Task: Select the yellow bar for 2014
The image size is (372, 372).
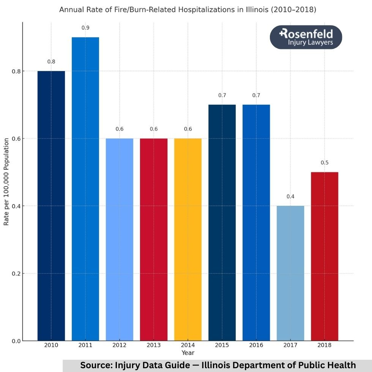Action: point(188,239)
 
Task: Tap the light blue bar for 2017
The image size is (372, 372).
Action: point(290,273)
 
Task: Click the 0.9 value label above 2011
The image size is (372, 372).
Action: point(85,28)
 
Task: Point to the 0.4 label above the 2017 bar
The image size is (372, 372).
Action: point(290,196)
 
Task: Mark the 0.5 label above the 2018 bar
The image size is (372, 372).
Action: point(325,162)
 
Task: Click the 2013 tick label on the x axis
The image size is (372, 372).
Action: point(154,345)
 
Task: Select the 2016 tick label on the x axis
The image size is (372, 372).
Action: point(256,345)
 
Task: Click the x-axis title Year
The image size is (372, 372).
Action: point(188,353)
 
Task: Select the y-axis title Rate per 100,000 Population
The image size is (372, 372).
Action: point(6,182)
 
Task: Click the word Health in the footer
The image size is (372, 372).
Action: point(342,365)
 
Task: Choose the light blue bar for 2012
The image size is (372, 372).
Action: point(120,239)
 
